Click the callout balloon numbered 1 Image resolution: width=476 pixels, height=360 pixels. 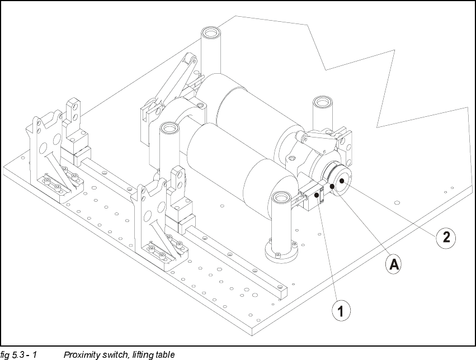341,311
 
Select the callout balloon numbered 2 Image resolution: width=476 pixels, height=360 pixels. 446,237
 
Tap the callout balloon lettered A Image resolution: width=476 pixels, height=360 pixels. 394,264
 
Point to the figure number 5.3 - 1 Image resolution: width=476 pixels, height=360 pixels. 24,354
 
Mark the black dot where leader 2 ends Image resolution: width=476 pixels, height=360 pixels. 342,181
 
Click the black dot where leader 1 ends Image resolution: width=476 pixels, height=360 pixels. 317,195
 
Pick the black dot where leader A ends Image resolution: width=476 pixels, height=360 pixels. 332,186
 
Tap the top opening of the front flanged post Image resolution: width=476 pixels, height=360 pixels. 282,197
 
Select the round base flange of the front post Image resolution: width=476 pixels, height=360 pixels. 281,251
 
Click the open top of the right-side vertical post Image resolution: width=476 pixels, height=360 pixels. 322,101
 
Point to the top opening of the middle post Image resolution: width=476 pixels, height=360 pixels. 169,128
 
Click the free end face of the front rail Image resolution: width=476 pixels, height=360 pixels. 282,292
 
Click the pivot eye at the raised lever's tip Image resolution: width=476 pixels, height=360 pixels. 190,59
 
